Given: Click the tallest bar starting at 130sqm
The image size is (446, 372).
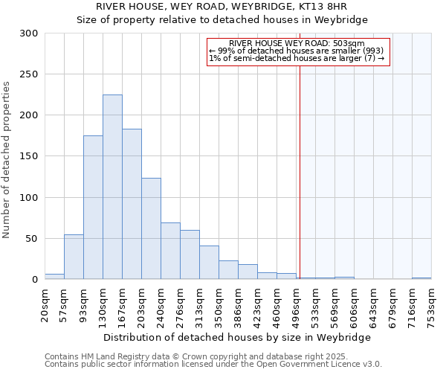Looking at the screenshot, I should (112, 187).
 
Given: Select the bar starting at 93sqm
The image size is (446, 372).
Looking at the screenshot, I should (93, 208).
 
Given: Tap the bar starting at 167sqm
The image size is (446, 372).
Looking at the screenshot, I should (132, 204).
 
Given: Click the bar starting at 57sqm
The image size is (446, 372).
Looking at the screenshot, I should (74, 257).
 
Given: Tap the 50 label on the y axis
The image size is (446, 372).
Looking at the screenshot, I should (31, 239).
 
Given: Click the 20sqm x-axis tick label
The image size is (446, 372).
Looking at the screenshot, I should (45, 305).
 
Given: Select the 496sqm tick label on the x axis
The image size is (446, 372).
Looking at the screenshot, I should (297, 307).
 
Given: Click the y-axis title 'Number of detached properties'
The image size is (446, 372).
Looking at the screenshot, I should (7, 160).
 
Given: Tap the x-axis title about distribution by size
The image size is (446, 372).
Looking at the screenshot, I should (237, 337).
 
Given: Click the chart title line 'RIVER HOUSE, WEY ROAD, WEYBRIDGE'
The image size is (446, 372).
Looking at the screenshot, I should (222, 7).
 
